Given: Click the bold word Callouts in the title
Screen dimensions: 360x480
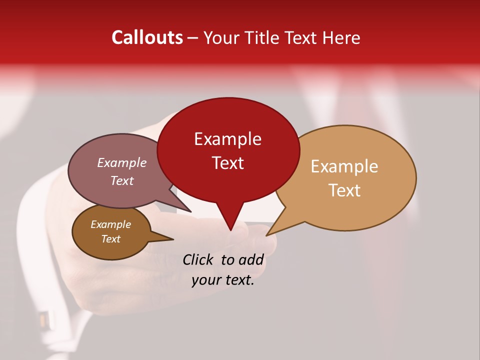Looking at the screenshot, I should tap(147, 37).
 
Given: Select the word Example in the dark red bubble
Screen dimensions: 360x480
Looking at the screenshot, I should tap(227, 139).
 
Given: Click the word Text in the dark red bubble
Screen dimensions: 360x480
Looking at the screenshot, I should tap(227, 163).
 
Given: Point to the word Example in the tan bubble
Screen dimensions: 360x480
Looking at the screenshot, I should tap(344, 166).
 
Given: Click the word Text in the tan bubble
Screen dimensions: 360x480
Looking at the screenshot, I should tap(344, 190).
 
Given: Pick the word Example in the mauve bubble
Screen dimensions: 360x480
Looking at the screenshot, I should tap(121, 162).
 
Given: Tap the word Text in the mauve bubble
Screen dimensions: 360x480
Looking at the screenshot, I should tap(121, 180).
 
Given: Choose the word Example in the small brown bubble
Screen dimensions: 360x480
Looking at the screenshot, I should tap(110, 224).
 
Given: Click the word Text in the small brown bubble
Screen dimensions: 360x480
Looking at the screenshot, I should tap(110, 239).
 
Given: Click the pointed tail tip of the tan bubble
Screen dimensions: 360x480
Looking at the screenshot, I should tap(267, 235).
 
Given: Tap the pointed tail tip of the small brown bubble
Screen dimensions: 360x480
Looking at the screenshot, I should tap(173, 239).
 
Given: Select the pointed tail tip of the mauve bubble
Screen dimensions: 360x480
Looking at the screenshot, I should tap(190, 211).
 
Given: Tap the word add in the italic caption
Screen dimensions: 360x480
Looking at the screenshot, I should tap(251, 259).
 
